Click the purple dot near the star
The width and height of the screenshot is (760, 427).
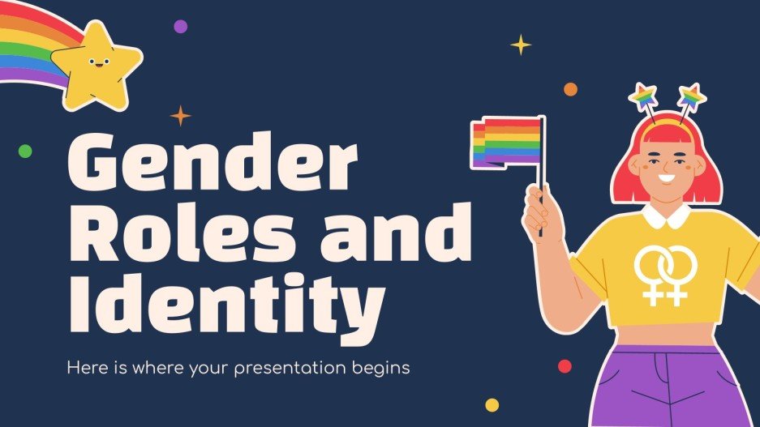[x=180, y=27]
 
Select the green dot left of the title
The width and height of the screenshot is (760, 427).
[x=25, y=151]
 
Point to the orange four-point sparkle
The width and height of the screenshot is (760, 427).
[x=180, y=116]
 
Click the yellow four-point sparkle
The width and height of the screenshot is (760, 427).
[x=520, y=45]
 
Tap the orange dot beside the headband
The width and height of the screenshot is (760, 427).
[x=570, y=89]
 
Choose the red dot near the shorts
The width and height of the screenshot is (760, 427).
[x=565, y=366]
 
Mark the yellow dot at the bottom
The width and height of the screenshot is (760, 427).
[x=492, y=404]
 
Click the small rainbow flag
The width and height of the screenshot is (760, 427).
[x=507, y=141]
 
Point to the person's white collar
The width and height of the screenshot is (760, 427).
[x=666, y=216]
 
